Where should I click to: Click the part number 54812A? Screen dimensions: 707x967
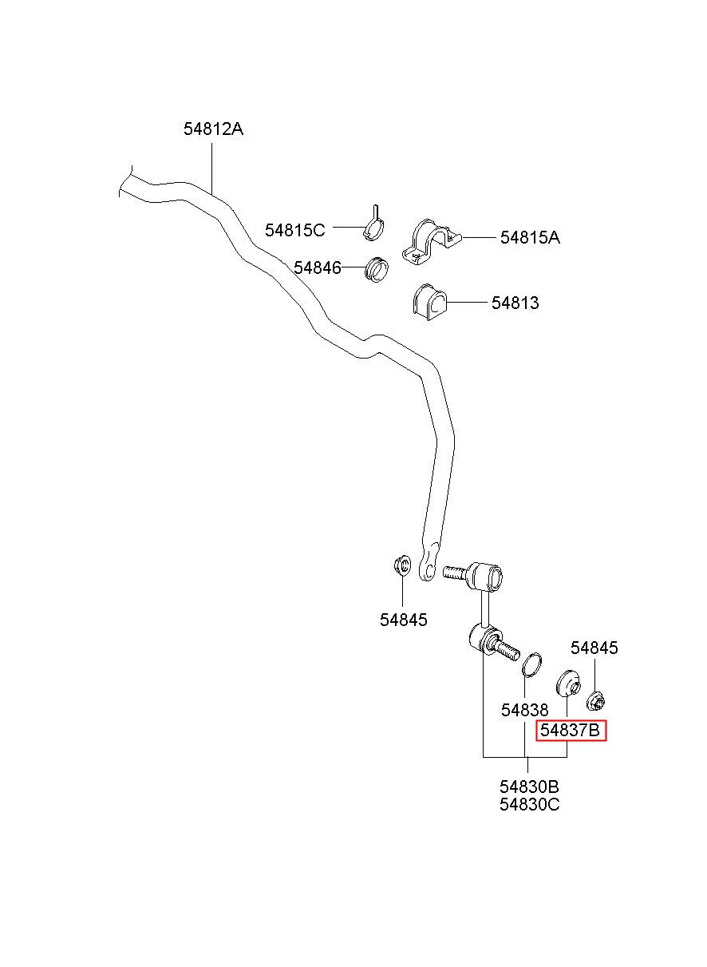point(213,129)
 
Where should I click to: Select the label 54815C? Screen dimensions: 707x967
point(294,230)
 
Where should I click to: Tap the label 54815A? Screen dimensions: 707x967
point(530,237)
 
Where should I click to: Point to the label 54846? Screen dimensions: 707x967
point(318,268)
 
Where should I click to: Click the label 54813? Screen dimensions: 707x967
point(515,303)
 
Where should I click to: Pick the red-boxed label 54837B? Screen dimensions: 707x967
point(571,731)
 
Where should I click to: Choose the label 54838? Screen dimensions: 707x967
point(524,710)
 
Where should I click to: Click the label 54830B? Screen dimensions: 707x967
point(529,787)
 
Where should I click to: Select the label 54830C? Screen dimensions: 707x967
point(529,804)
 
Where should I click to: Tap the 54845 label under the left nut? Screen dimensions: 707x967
point(403,620)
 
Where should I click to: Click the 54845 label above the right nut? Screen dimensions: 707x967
point(594,660)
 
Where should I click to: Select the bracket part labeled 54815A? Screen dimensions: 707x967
point(431,242)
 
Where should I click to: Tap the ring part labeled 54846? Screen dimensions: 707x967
point(377,269)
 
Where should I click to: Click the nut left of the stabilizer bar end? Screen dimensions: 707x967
point(402,565)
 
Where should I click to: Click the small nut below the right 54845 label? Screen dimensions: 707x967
point(597,702)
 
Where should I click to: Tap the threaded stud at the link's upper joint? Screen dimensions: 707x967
point(455,573)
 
